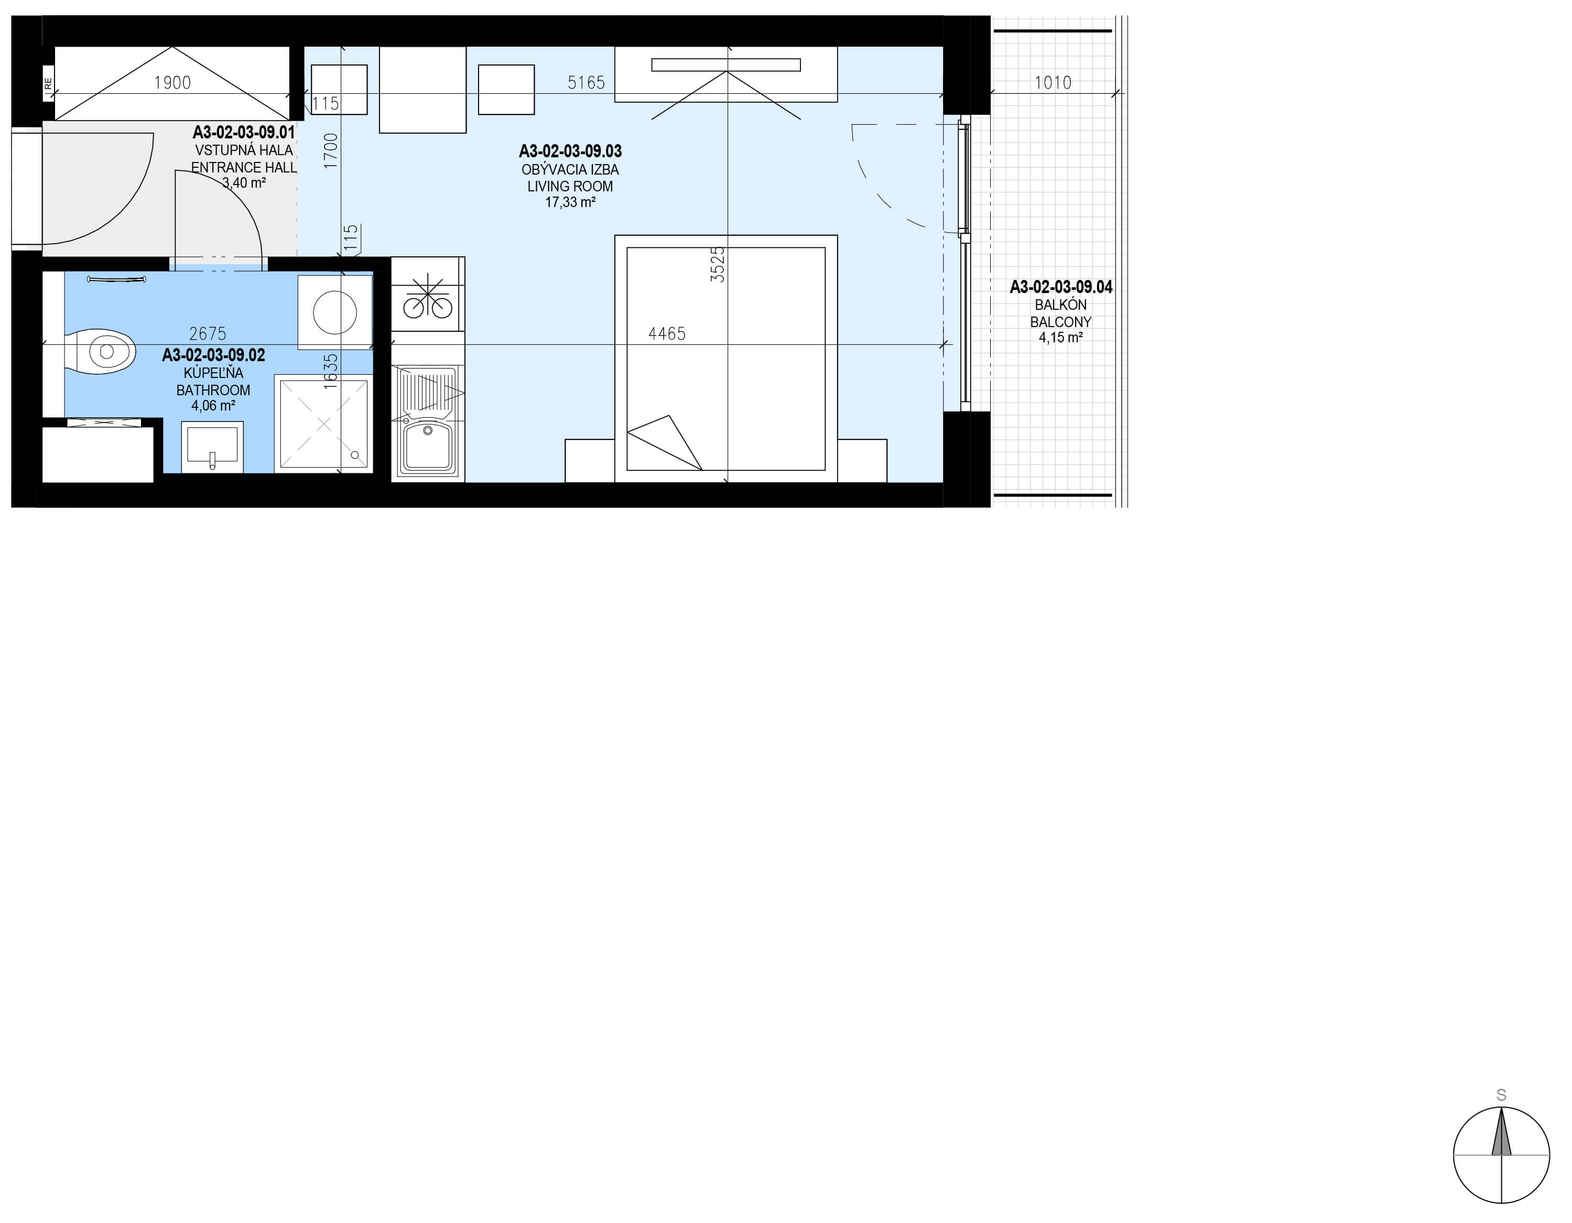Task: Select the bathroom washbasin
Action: point(212,446)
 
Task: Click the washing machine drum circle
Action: point(335,312)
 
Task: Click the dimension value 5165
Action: point(586,83)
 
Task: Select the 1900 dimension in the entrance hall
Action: point(173,83)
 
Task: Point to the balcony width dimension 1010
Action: point(1053,83)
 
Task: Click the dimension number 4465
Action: point(667,333)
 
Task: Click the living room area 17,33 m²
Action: point(570,202)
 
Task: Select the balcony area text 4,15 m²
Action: point(1061,337)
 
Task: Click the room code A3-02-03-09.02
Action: point(214,355)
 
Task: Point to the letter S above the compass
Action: point(1501,1095)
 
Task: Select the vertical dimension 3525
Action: point(718,264)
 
